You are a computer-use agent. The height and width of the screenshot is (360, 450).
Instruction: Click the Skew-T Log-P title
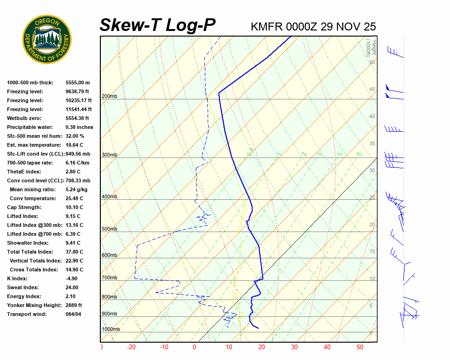click(x=157, y=25)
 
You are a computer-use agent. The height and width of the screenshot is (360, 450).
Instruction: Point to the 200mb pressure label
click(x=109, y=97)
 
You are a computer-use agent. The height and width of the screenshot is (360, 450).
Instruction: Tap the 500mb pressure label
click(x=109, y=229)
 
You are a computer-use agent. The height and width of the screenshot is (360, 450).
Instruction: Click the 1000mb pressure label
click(x=111, y=329)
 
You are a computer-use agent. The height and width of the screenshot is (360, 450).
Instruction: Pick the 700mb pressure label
click(x=109, y=278)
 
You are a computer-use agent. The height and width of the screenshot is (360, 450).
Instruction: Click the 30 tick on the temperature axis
click(x=294, y=347)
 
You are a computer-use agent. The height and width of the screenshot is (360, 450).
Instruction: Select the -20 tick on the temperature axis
click(x=131, y=347)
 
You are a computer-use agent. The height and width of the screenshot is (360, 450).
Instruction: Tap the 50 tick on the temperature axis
click(x=360, y=347)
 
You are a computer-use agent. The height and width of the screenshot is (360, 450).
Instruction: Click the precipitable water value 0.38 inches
click(x=79, y=127)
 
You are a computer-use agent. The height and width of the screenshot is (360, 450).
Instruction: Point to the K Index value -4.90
click(x=73, y=278)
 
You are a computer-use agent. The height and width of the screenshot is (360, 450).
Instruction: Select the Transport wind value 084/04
click(x=75, y=314)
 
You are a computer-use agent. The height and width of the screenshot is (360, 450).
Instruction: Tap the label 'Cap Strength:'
click(x=24, y=207)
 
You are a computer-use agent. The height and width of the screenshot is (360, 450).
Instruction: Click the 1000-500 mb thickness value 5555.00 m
click(x=77, y=82)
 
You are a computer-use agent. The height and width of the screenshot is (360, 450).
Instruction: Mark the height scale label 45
click(x=372, y=90)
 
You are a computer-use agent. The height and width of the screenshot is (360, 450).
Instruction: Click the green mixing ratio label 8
click(x=358, y=154)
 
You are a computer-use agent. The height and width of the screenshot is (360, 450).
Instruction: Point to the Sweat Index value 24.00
click(x=72, y=287)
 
